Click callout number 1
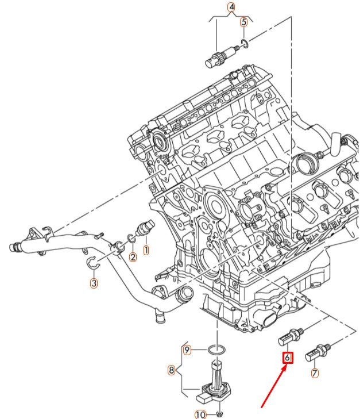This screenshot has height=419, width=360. point(146,251)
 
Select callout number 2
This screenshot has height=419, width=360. point(133,257)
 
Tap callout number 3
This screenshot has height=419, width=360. point(94,282)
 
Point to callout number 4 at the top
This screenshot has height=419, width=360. point(231,7)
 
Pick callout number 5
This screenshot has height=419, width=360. point(244,22)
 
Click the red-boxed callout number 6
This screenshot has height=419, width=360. point(288,358)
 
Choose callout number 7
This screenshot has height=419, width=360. point(315,373)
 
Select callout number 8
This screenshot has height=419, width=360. point(171,370)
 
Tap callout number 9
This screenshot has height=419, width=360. point(187,349)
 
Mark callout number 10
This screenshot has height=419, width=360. point(200,414)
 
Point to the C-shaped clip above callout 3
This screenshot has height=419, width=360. point(93,264)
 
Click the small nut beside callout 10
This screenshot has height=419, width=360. point(220,414)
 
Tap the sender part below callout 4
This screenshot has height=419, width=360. point(218,56)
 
